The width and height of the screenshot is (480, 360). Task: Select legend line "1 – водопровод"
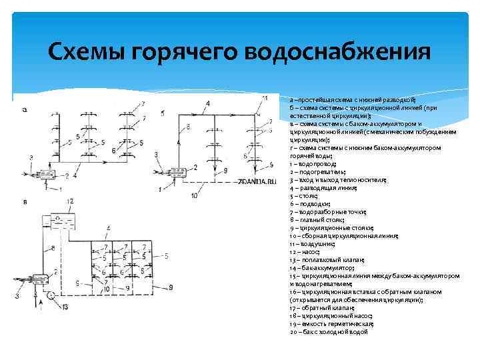tap(313, 163)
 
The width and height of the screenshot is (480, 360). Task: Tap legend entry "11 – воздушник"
tap(313, 243)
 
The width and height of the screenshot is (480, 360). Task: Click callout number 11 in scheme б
tap(265, 98)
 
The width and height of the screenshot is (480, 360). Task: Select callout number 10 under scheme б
tap(194, 195)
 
